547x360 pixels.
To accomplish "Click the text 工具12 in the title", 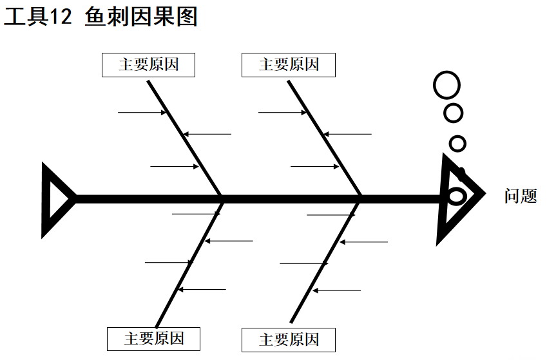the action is point(37,17).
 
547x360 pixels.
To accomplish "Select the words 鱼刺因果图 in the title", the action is point(141,17).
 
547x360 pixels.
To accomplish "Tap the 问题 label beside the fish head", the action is point(520,196).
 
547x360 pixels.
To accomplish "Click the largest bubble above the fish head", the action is point(447,85).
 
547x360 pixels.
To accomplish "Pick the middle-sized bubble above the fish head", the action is point(454,113).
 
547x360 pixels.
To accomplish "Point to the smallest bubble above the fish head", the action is point(457,143).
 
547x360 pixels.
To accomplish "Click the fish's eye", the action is point(456,195).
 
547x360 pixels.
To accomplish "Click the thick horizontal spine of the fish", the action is point(258,198).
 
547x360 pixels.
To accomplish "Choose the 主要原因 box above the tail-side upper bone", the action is point(148,65).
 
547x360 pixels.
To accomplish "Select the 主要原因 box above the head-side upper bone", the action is point(289,65).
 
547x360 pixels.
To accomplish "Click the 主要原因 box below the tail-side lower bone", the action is point(153,339).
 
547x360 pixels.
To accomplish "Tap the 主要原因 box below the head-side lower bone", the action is point(289,339).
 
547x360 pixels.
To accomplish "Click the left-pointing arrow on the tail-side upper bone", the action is point(206,134).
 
